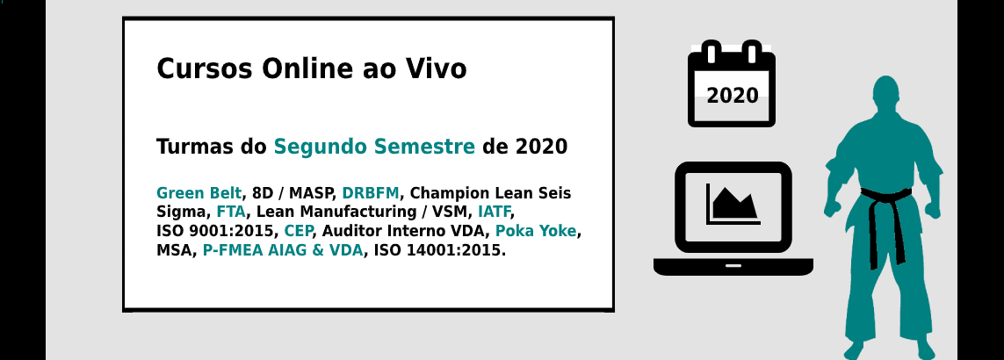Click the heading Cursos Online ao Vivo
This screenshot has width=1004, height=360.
tap(311, 68)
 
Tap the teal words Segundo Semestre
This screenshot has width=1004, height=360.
tap(374, 148)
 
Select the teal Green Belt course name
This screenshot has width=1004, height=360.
tap(199, 193)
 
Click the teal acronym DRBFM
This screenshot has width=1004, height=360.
tap(371, 193)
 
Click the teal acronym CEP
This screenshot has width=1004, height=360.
tap(299, 231)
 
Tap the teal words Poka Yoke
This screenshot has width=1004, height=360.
tap(536, 231)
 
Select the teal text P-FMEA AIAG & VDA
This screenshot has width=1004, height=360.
tap(282, 250)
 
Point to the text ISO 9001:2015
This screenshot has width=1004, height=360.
tap(216, 231)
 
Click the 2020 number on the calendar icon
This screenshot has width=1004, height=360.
tap(732, 96)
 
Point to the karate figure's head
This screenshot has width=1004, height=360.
tap(885, 91)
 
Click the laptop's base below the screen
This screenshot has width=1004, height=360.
tap(733, 266)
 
